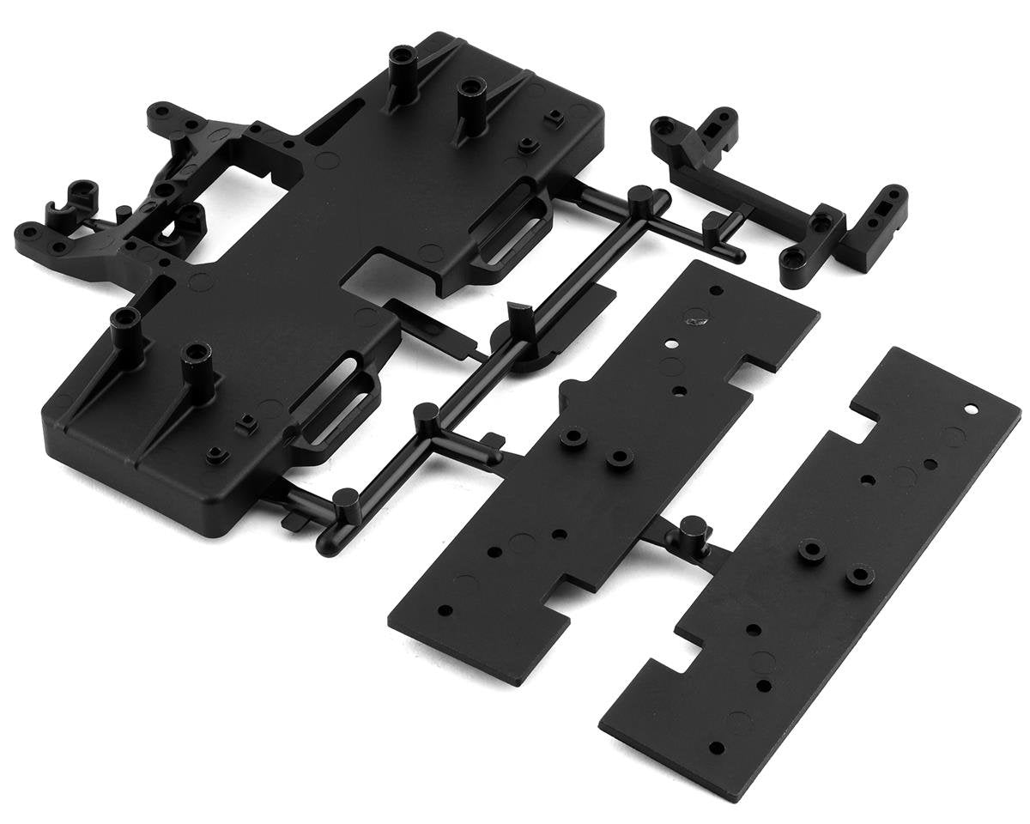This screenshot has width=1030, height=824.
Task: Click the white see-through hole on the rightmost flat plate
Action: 971,409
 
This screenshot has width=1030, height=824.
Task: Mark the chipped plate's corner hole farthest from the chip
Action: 445,612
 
